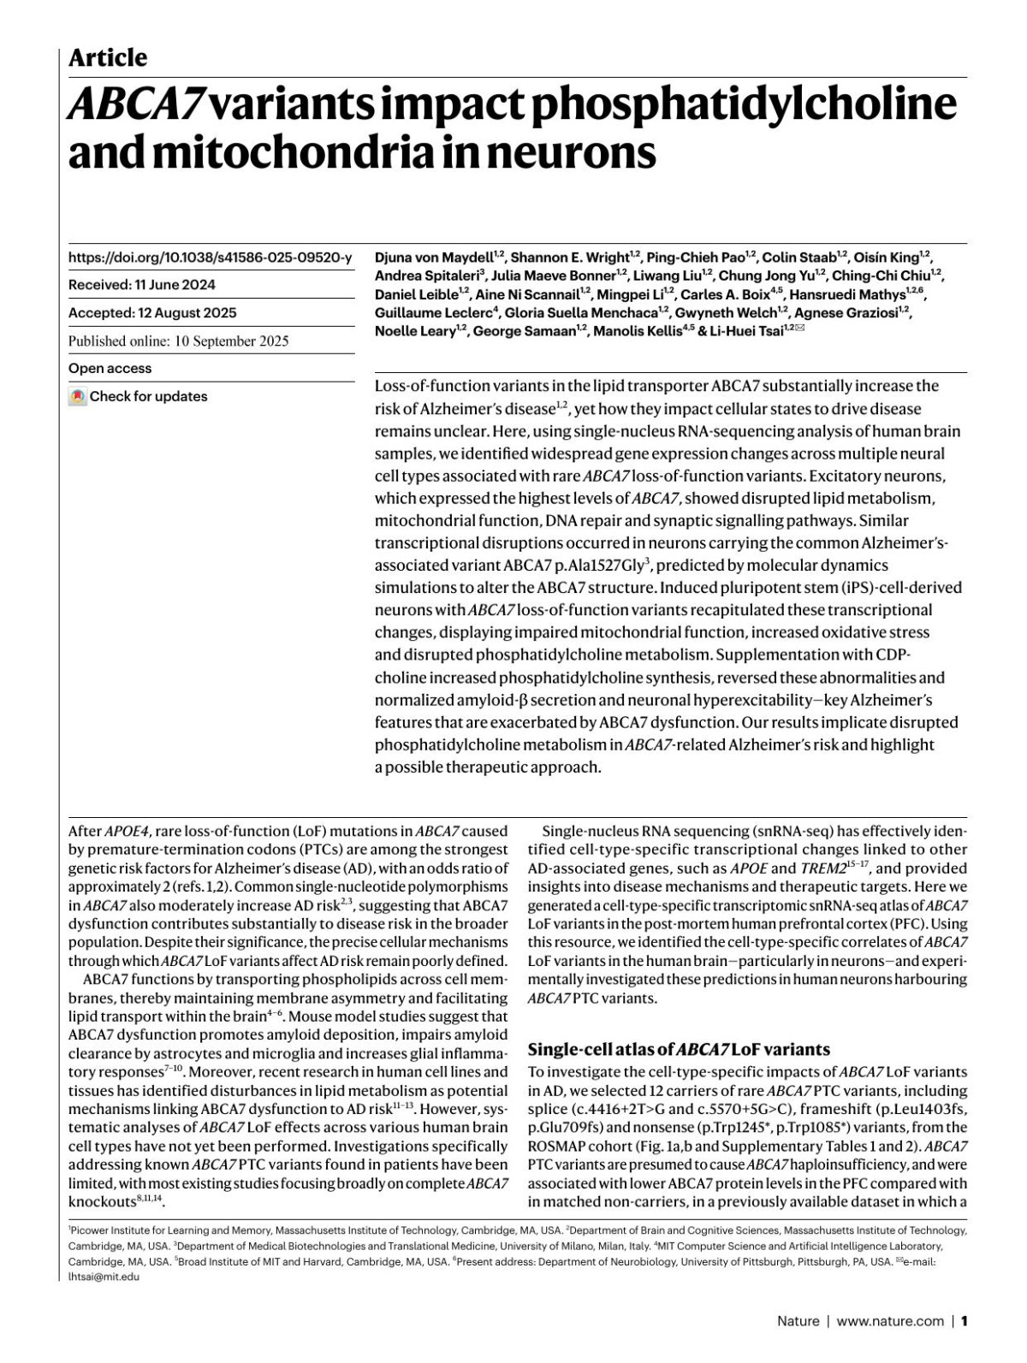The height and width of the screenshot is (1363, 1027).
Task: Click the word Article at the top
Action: coord(108,58)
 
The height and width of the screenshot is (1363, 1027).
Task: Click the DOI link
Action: coord(210,257)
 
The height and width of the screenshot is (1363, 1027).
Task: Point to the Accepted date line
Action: coord(152,313)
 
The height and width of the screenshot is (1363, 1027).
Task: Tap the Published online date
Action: coord(178,341)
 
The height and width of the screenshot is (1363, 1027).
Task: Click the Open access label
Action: coord(110,369)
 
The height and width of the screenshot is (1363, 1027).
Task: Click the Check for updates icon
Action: coord(78,397)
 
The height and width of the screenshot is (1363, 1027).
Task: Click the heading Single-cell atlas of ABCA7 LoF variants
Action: coord(679,1050)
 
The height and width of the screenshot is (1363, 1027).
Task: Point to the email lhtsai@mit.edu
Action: coord(104,1277)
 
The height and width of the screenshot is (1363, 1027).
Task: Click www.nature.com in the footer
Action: coord(890,1321)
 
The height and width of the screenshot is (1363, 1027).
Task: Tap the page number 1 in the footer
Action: coord(964,1321)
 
